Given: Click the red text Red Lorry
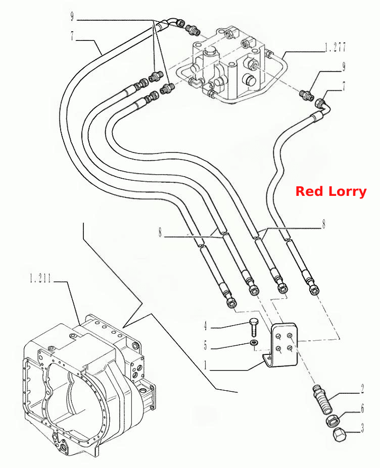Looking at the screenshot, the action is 330,191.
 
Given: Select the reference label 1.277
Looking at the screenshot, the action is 335,47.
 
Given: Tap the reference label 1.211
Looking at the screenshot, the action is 40,279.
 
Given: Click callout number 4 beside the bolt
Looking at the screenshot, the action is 206,326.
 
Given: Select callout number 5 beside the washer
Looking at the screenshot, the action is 205,346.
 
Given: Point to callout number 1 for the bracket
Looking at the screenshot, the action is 206,365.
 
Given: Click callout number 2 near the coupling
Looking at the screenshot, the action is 362,389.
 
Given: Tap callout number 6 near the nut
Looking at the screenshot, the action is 362,408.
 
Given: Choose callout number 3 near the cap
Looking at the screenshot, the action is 362,428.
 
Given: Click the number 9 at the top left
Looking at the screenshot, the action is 72,16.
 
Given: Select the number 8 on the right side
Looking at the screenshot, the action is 323,224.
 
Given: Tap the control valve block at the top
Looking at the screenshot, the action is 228,64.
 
